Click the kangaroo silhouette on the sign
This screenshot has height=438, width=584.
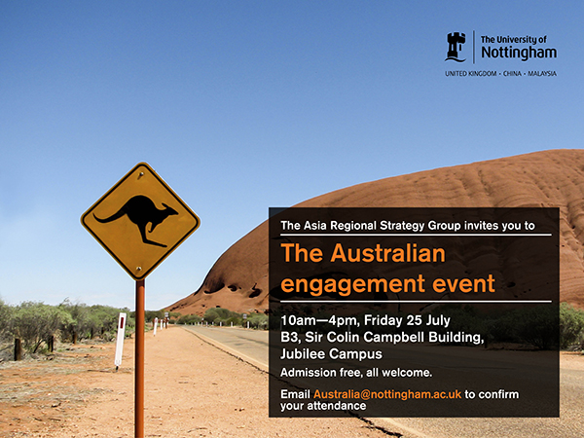pyautogui.click(x=140, y=218)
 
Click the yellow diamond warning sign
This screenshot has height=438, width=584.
pyautogui.click(x=140, y=221)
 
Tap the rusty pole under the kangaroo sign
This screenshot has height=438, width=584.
pyautogui.click(x=140, y=350)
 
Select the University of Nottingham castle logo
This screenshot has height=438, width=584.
pyautogui.click(x=456, y=46)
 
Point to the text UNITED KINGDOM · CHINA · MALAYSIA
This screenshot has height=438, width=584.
pyautogui.click(x=500, y=73)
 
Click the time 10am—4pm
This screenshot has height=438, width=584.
pyautogui.click(x=316, y=321)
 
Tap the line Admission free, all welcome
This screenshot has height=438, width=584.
pyautogui.click(x=356, y=374)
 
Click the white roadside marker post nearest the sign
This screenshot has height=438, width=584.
pyautogui.click(x=120, y=340)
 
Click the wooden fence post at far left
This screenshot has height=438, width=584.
pyautogui.click(x=18, y=347)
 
